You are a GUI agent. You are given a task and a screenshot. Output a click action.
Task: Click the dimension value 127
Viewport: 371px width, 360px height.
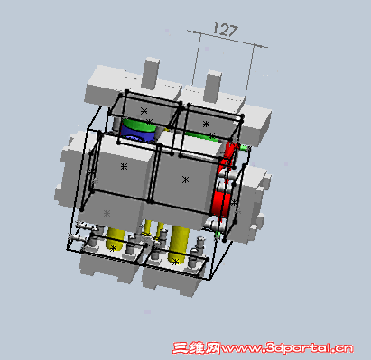pyautogui.click(x=226, y=29)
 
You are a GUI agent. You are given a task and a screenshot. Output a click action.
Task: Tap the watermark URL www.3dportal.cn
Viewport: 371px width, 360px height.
pyautogui.click(x=286, y=348)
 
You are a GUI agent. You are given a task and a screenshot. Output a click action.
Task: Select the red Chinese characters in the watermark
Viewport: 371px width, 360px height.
pyautogui.click(x=197, y=348)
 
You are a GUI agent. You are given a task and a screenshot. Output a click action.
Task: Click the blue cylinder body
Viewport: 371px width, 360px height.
pyautogui.click(x=138, y=134)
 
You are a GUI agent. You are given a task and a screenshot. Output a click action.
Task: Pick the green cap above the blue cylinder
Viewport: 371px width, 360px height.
pyautogui.click(x=139, y=125)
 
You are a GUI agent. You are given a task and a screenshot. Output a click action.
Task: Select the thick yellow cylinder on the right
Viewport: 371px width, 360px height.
pyautogui.click(x=179, y=245)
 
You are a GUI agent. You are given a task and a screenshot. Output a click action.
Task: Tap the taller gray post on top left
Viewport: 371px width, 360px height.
pyautogui.click(x=151, y=73)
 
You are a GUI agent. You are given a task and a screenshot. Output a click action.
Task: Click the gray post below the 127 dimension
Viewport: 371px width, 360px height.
pyautogui.click(x=213, y=86)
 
